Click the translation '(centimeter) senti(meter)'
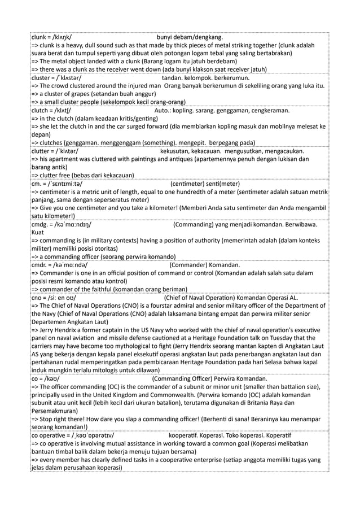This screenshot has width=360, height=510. coord(205,184)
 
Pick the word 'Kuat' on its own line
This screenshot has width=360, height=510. coord(38,232)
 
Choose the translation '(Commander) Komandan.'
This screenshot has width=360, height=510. coord(204,265)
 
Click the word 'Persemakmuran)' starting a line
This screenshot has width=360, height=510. coord(59,411)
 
